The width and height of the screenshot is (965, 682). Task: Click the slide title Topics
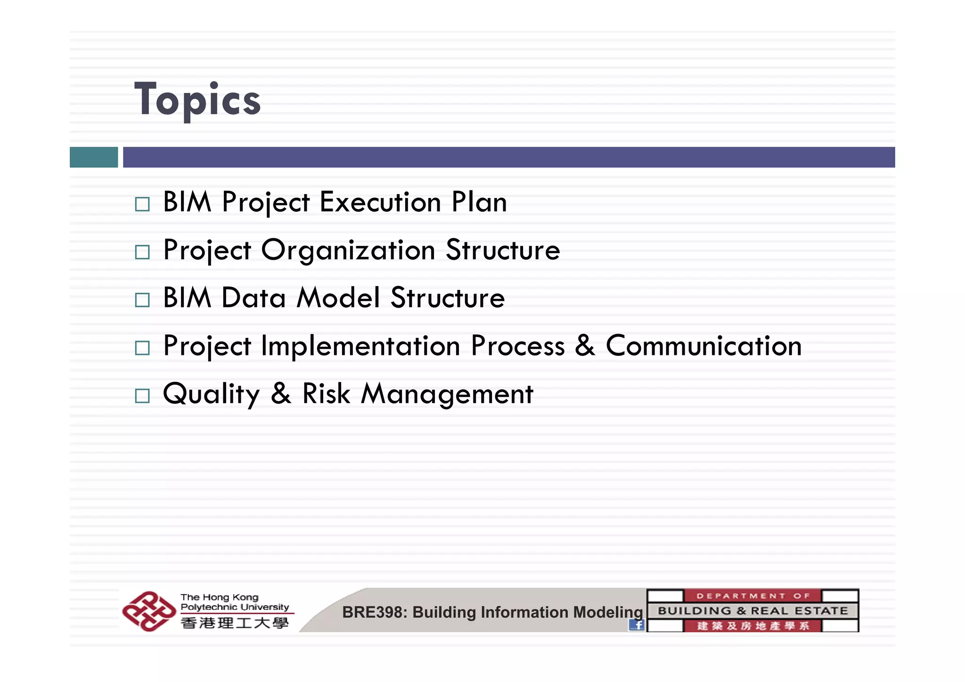tap(197, 99)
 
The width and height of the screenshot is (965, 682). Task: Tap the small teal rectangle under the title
tap(93, 157)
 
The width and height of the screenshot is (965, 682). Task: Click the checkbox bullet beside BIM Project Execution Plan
tap(142, 204)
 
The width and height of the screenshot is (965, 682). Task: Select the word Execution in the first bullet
tap(380, 202)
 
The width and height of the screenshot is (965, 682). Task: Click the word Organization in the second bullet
tap(348, 250)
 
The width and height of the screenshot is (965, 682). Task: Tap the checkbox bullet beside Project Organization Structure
tap(142, 252)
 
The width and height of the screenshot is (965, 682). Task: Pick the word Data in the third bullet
tap(254, 298)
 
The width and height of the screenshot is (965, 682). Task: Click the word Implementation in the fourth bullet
tap(360, 346)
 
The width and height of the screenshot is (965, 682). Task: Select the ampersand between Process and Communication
tap(585, 345)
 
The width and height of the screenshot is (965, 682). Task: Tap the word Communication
tap(703, 346)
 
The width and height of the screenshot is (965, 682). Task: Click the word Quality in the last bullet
tap(211, 394)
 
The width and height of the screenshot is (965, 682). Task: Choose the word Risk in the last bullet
tap(326, 394)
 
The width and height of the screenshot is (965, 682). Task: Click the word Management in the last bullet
tap(447, 394)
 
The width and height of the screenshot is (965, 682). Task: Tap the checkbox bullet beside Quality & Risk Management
tap(142, 395)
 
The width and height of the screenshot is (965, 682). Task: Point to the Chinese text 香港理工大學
tap(234, 623)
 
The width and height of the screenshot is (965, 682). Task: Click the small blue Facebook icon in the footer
tap(636, 625)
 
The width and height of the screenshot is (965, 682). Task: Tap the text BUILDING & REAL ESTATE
tap(752, 611)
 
